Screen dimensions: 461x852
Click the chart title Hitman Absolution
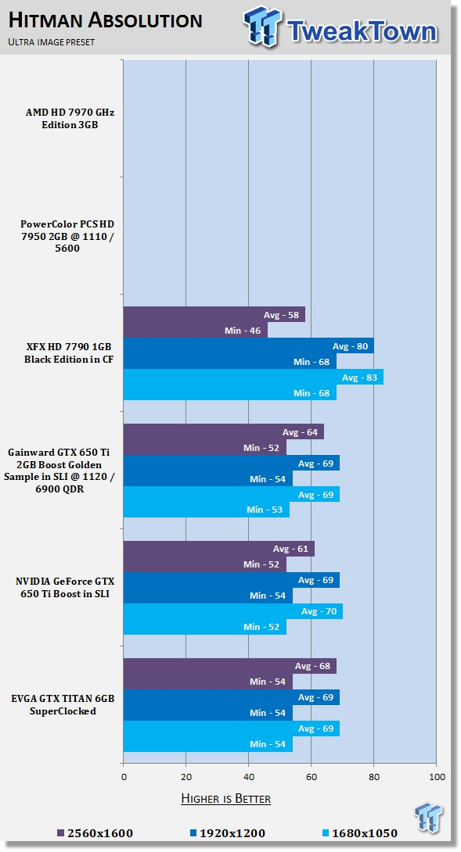[x=106, y=20]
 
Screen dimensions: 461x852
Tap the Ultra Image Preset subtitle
[x=52, y=42]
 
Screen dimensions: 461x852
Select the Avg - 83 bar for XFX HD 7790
[x=253, y=377]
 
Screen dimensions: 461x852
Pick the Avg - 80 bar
[x=249, y=345]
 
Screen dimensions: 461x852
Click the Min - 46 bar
[x=196, y=331]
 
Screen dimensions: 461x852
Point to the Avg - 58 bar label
[x=281, y=315]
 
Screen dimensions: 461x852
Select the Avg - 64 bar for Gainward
[x=224, y=432]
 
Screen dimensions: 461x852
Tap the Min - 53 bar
[x=207, y=510]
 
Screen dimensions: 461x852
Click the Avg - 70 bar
[x=233, y=611]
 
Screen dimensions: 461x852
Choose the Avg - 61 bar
[x=219, y=549]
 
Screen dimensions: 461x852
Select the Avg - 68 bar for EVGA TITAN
[x=229, y=666]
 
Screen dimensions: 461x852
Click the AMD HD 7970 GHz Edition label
[x=70, y=119]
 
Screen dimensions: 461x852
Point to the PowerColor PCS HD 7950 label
[x=67, y=236]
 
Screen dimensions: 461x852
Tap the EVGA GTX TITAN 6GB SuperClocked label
[x=63, y=705]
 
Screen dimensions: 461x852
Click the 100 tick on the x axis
[x=437, y=776]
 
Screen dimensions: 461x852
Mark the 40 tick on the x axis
[x=249, y=776]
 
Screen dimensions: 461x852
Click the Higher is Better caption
[x=226, y=798]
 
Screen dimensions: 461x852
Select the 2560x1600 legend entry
[x=95, y=833]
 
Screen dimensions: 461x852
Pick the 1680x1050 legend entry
[x=360, y=833]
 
